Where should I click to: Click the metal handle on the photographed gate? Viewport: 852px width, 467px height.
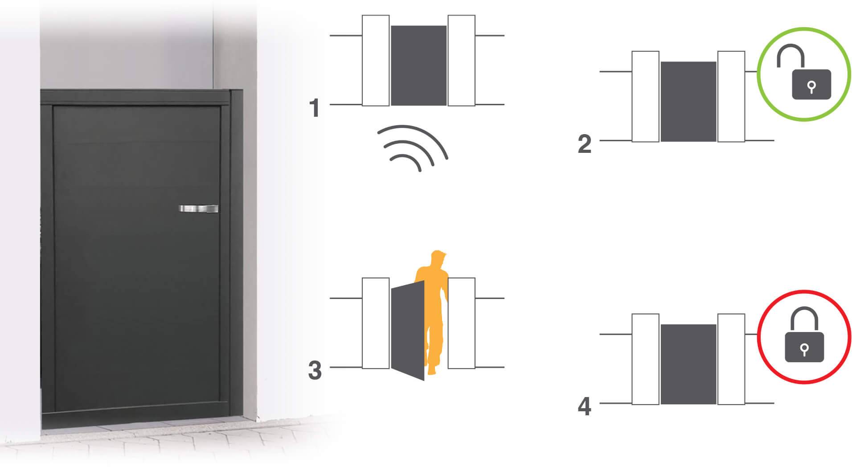point(199,209)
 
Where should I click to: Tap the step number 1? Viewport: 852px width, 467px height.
point(315,108)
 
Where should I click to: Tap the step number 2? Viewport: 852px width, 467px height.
point(584,144)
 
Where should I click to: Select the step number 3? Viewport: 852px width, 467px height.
point(315,371)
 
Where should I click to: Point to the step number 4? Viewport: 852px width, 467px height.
point(584,407)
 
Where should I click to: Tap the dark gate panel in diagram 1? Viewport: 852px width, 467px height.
point(418,66)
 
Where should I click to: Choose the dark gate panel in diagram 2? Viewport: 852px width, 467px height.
point(688,102)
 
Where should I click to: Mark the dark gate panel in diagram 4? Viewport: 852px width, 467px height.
point(688,364)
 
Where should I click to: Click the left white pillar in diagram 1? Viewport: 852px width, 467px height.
point(376,61)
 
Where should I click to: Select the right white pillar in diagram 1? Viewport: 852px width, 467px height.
point(461,61)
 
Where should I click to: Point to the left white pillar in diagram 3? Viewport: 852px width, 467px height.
point(376,323)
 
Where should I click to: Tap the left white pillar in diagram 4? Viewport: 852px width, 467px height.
point(645,359)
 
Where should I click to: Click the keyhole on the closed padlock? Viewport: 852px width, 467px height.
point(804,349)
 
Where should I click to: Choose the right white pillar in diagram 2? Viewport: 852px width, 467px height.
point(731,97)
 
